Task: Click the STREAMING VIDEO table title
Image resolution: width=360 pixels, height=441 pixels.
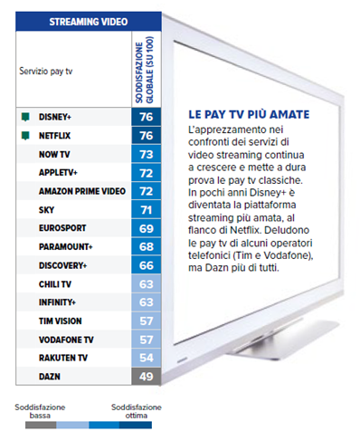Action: [x=89, y=22]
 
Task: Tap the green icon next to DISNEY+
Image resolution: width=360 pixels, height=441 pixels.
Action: [x=25, y=117]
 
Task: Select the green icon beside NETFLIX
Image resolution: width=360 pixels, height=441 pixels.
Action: [x=25, y=136]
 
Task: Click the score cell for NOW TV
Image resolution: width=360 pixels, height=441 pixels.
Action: [x=147, y=154]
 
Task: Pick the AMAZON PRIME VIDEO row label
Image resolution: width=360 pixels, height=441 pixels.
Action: [x=82, y=191]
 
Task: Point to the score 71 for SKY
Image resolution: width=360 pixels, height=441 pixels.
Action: [x=147, y=210]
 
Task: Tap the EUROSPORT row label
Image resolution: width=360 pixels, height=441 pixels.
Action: [x=62, y=228]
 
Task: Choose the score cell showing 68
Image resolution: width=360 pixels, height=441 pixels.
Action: [x=147, y=246]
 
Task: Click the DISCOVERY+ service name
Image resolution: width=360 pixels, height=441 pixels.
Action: [x=62, y=265]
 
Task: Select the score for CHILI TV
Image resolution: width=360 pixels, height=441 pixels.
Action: [x=147, y=284]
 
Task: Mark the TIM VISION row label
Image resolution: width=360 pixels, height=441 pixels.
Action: [x=61, y=321]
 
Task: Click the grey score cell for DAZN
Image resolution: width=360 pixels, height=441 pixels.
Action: [x=147, y=377]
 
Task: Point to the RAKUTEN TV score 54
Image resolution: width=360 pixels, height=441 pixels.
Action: [x=147, y=358]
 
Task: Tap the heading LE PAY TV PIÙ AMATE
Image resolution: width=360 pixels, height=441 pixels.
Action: [x=249, y=115]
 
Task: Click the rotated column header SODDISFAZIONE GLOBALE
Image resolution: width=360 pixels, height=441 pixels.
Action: [x=145, y=70]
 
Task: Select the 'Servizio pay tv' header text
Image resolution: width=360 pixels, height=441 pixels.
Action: [x=46, y=72]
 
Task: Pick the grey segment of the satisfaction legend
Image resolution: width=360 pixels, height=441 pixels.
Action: [x=41, y=425]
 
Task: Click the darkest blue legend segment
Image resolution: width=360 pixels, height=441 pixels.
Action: [x=136, y=425]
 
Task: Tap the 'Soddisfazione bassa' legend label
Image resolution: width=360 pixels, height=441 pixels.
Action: [x=40, y=411]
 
